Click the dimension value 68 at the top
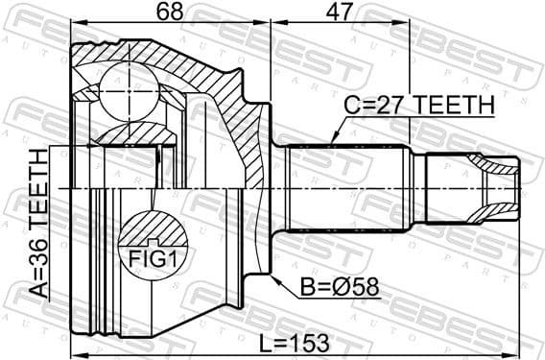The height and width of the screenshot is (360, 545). point(170,13)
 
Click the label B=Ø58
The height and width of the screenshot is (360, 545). point(326,285)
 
